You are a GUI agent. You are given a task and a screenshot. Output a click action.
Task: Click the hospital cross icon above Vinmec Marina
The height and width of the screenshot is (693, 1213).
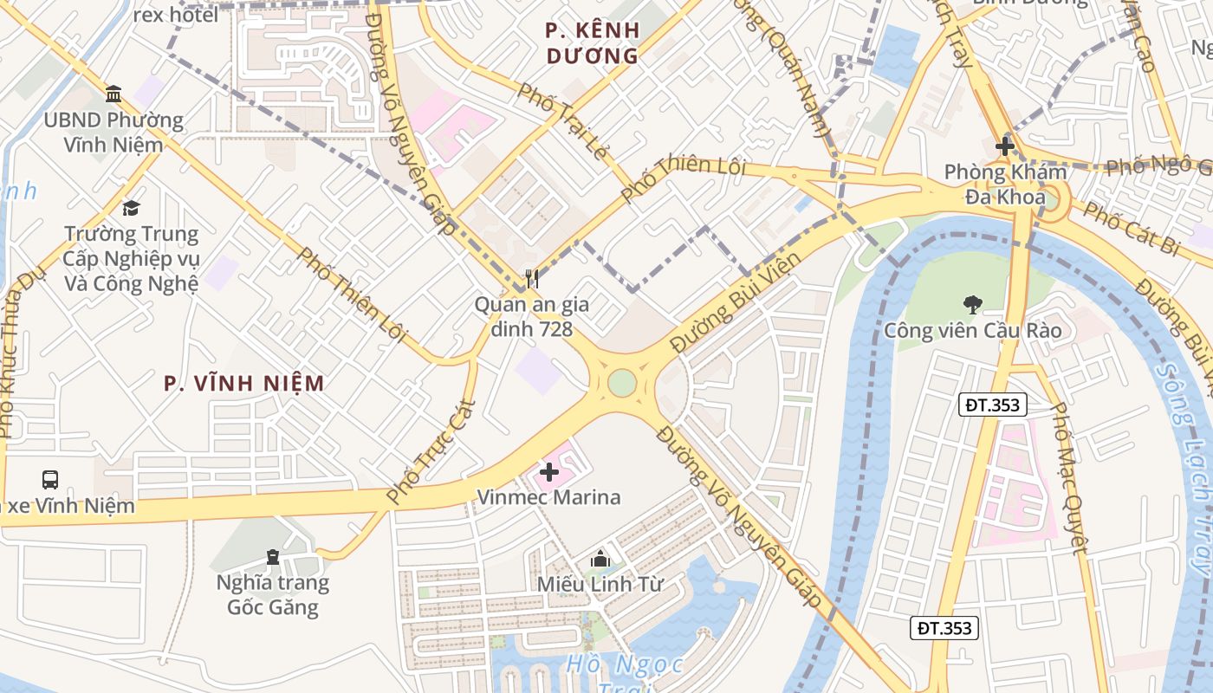(549, 472)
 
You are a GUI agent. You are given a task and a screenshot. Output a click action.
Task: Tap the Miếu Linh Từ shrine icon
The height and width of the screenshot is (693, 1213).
(600, 560)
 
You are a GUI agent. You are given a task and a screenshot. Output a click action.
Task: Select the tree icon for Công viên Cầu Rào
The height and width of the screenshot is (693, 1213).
(972, 304)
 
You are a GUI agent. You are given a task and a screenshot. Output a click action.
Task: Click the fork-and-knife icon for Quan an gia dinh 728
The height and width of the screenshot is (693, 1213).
(532, 279)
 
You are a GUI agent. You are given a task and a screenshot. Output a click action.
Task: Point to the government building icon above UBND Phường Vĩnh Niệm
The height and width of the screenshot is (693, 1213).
(114, 94)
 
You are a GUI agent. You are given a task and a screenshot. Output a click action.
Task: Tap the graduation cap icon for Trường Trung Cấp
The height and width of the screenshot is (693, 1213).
(131, 208)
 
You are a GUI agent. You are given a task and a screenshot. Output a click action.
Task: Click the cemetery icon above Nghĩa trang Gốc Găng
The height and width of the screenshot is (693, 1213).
(273, 556)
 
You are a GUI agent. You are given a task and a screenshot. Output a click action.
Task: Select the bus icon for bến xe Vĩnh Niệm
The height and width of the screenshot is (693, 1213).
(50, 479)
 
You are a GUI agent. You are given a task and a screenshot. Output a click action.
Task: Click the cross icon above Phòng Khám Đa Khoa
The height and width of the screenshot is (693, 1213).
(1005, 146)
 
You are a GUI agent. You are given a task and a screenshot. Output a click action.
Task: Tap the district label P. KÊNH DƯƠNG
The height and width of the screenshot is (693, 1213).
(593, 43)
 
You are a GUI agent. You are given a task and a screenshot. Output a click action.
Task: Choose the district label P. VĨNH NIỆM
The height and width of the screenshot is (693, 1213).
(244, 383)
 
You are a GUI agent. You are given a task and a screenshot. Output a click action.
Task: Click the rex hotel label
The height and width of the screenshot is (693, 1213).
(176, 15)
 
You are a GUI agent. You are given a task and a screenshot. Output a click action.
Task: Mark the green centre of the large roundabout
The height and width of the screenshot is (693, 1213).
(622, 382)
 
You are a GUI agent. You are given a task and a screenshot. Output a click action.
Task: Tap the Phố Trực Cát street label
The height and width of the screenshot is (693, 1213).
(431, 451)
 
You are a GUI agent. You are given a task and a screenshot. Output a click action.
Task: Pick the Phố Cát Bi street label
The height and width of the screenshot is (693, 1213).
(1132, 229)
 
